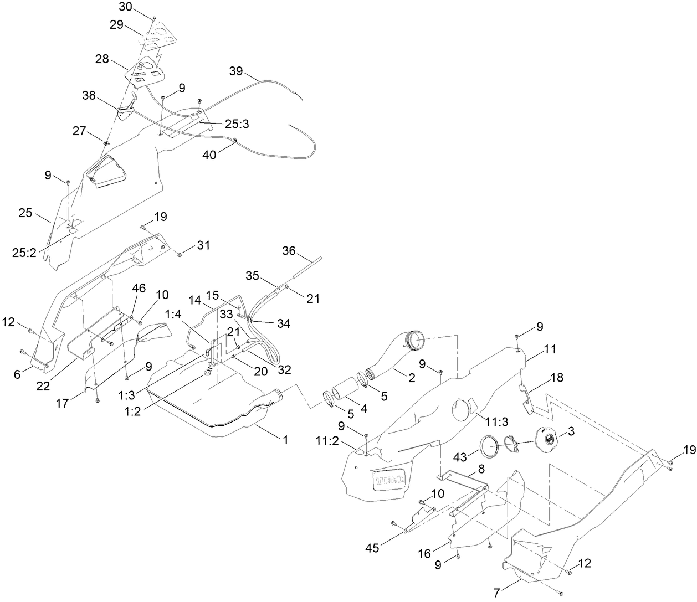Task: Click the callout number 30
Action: [x=125, y=7]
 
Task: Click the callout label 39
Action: [x=236, y=71]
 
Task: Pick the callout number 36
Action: [x=289, y=250]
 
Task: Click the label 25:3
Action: [x=237, y=124]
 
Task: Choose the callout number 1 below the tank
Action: [x=285, y=440]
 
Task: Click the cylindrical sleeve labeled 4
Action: [x=347, y=391]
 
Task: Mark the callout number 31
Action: [x=203, y=245]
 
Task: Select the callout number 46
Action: [x=139, y=288]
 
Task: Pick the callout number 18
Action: [x=557, y=378]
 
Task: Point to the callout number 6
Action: [x=17, y=374]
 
